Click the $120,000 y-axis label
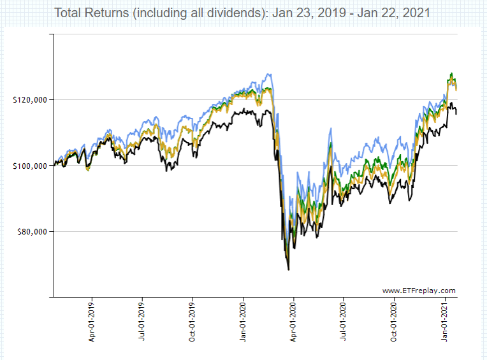(x=29, y=100)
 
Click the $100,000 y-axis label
(x=29, y=166)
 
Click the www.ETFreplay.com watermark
(x=419, y=291)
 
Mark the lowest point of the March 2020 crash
(x=289, y=270)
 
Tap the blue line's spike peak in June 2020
(x=330, y=129)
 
